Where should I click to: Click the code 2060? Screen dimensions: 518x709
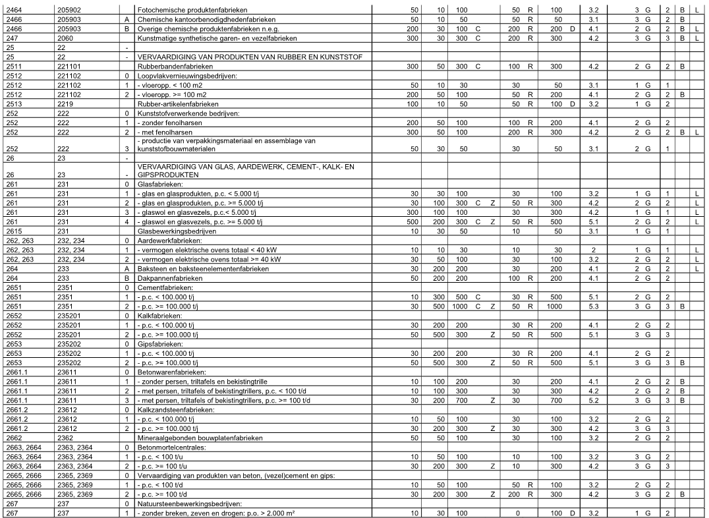pos(65,39)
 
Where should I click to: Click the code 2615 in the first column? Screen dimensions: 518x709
pos(13,232)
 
